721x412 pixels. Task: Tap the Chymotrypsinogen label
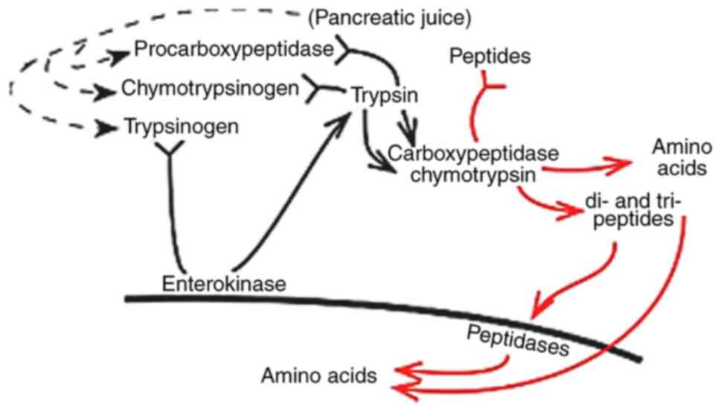click(211, 89)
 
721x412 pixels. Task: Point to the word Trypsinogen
click(182, 127)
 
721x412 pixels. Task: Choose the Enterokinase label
click(224, 283)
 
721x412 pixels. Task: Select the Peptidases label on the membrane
click(518, 339)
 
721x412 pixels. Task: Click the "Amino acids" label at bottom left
click(318, 375)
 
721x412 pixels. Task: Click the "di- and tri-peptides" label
click(632, 210)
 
